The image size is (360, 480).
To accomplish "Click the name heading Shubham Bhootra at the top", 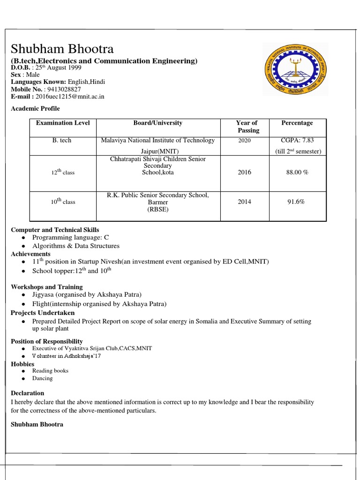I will point(62,49).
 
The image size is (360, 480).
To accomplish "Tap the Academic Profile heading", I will point(36,108).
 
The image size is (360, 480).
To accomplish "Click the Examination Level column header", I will point(63,123).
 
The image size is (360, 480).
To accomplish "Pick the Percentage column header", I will point(297,123).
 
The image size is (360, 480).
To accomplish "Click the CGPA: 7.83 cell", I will point(297,141).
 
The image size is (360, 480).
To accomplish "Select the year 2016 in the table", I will point(244,172).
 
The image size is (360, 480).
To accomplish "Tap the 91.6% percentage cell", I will point(296,202).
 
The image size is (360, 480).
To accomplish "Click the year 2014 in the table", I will point(244,202).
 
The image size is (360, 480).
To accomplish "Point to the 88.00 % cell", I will point(297,172).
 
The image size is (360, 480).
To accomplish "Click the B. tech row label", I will point(62,141).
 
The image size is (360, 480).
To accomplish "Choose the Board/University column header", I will point(158,123).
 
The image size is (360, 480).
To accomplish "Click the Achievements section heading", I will point(30,254).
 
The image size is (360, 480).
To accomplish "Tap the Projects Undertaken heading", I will point(43,313).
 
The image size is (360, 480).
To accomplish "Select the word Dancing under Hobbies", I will point(42,378).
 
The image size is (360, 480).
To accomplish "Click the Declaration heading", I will point(28,393).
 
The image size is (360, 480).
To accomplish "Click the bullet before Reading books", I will point(23,371).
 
